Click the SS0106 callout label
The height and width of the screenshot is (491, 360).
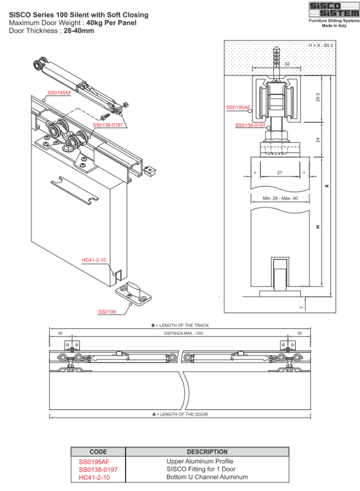(107, 312)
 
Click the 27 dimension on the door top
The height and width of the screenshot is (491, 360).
(280, 173)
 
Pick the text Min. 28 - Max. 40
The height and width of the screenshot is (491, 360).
(280, 199)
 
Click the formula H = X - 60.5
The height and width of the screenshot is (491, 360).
(321, 45)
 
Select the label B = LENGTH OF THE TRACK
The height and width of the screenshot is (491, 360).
(180, 325)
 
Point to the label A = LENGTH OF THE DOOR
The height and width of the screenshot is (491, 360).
(180, 415)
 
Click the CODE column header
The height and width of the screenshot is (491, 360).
(98, 452)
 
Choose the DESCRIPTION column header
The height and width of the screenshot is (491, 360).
(207, 452)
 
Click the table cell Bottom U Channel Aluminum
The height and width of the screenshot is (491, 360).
(207, 477)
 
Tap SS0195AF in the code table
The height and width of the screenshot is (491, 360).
(94, 461)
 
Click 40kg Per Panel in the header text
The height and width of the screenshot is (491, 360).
(111, 23)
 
